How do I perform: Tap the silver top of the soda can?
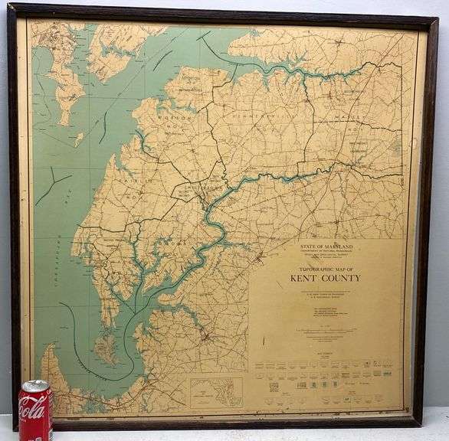(34, 384)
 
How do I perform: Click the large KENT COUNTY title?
(325, 277)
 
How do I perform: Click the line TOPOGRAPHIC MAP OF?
(325, 269)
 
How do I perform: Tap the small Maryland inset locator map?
(215, 391)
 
